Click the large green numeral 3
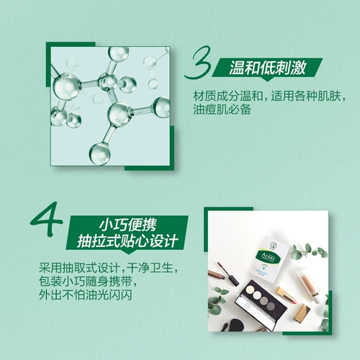pos(197,66)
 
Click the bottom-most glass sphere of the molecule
pos(99,153)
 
